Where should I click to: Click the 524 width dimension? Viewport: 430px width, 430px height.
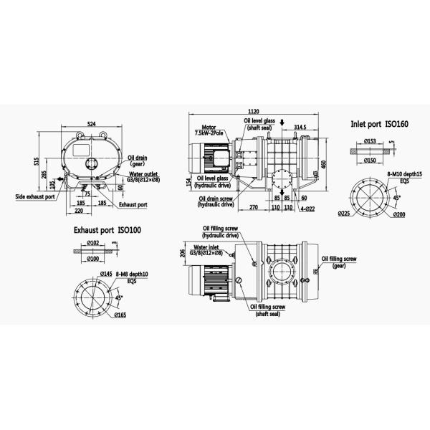tap(92, 124)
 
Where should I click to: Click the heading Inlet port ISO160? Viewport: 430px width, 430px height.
tap(379, 124)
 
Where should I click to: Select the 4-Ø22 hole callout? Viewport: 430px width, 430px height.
tap(308, 209)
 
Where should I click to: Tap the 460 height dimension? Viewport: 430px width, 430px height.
tap(324, 164)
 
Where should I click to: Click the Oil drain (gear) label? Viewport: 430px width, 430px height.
tap(137, 160)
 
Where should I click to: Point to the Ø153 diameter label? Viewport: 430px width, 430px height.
tap(370, 140)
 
